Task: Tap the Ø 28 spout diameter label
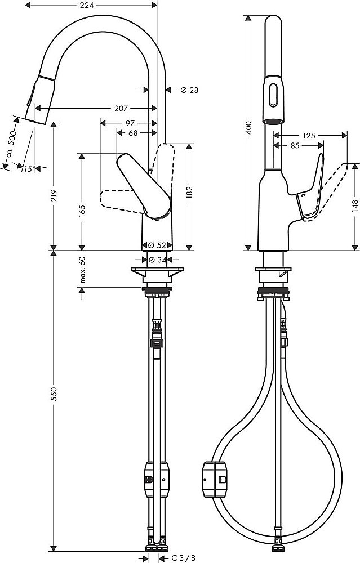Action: click(x=189, y=90)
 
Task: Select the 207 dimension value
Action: click(x=121, y=108)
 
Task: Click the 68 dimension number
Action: click(x=134, y=133)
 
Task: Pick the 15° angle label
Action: click(x=29, y=168)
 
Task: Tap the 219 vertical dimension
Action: click(x=54, y=195)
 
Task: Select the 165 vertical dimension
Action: click(x=82, y=211)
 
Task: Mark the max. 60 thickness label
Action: click(x=82, y=269)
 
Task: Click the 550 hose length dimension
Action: click(x=54, y=395)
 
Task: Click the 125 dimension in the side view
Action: click(x=309, y=136)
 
